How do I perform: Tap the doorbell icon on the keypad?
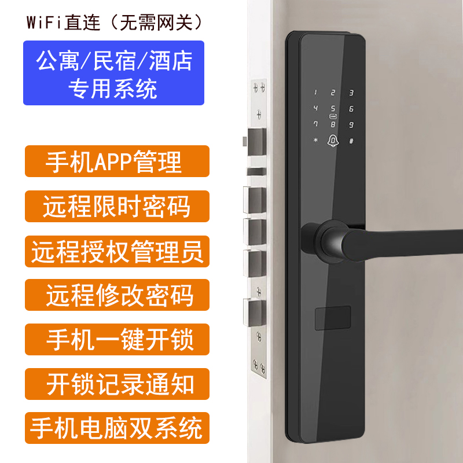[333, 141]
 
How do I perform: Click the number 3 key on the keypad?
[351, 93]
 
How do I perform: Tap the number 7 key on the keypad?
[315, 124]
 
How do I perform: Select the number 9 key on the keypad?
[351, 125]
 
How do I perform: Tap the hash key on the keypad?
[351, 141]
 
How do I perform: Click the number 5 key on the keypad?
[333, 108]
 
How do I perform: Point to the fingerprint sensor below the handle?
[333, 318]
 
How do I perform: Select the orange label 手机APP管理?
[117, 161]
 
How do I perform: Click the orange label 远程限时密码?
[117, 207]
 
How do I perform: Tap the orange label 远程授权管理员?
[117, 252]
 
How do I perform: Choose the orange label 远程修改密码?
[117, 295]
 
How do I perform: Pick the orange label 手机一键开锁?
[117, 340]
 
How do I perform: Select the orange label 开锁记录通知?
[117, 384]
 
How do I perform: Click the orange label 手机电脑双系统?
[117, 428]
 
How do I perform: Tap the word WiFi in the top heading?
[44, 23]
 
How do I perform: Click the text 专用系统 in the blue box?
[113, 89]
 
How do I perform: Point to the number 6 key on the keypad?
[351, 109]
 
